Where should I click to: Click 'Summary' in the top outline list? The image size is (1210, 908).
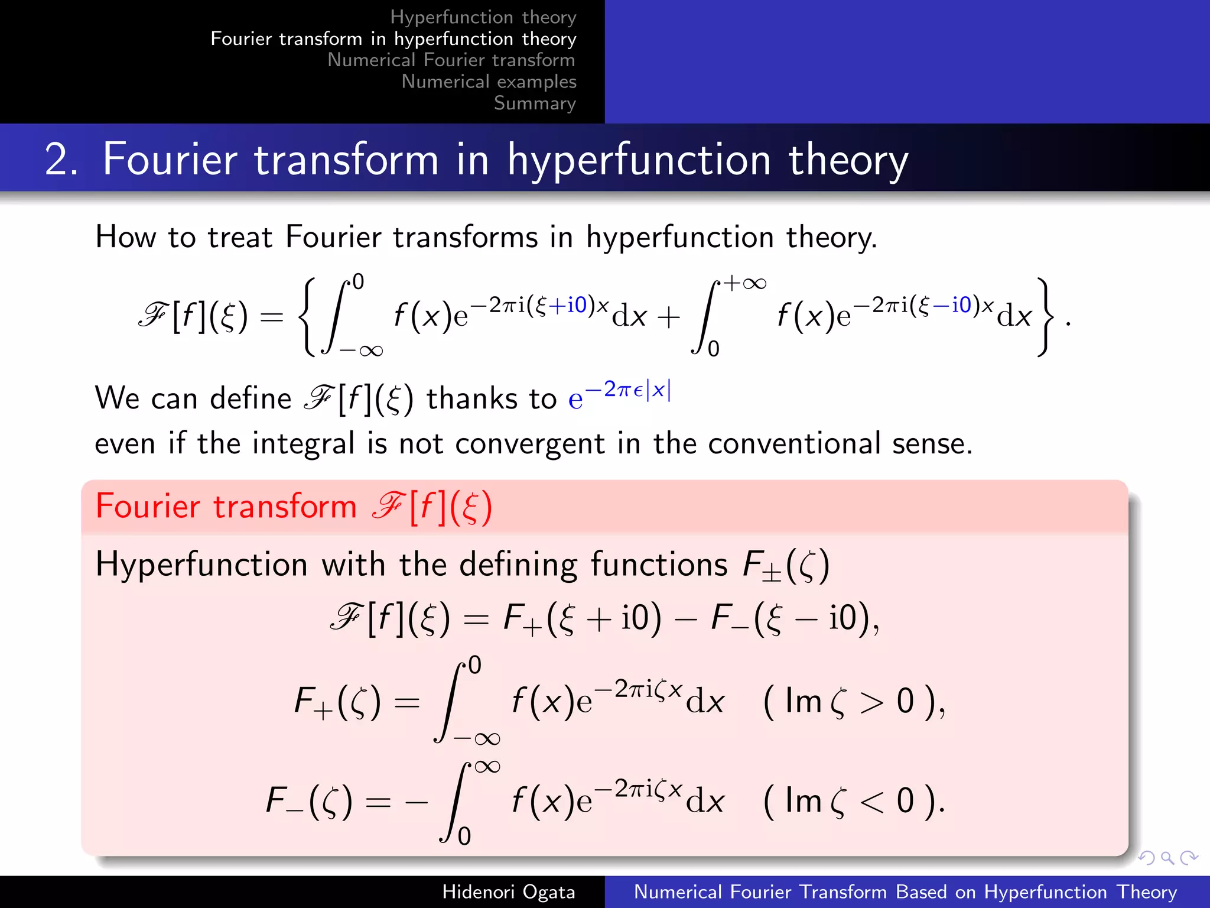(535, 103)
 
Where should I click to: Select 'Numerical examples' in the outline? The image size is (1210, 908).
(489, 82)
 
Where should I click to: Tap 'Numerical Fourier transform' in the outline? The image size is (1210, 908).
(451, 60)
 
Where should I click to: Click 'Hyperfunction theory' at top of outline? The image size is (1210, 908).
(483, 17)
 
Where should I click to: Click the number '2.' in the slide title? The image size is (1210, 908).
(61, 160)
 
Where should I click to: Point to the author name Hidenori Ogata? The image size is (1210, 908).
(508, 891)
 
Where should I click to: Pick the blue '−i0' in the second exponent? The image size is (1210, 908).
(954, 305)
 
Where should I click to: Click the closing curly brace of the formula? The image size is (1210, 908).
(1046, 317)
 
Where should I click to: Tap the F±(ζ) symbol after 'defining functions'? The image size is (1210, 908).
(786, 565)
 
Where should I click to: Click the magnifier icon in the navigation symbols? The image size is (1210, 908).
(1167, 858)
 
